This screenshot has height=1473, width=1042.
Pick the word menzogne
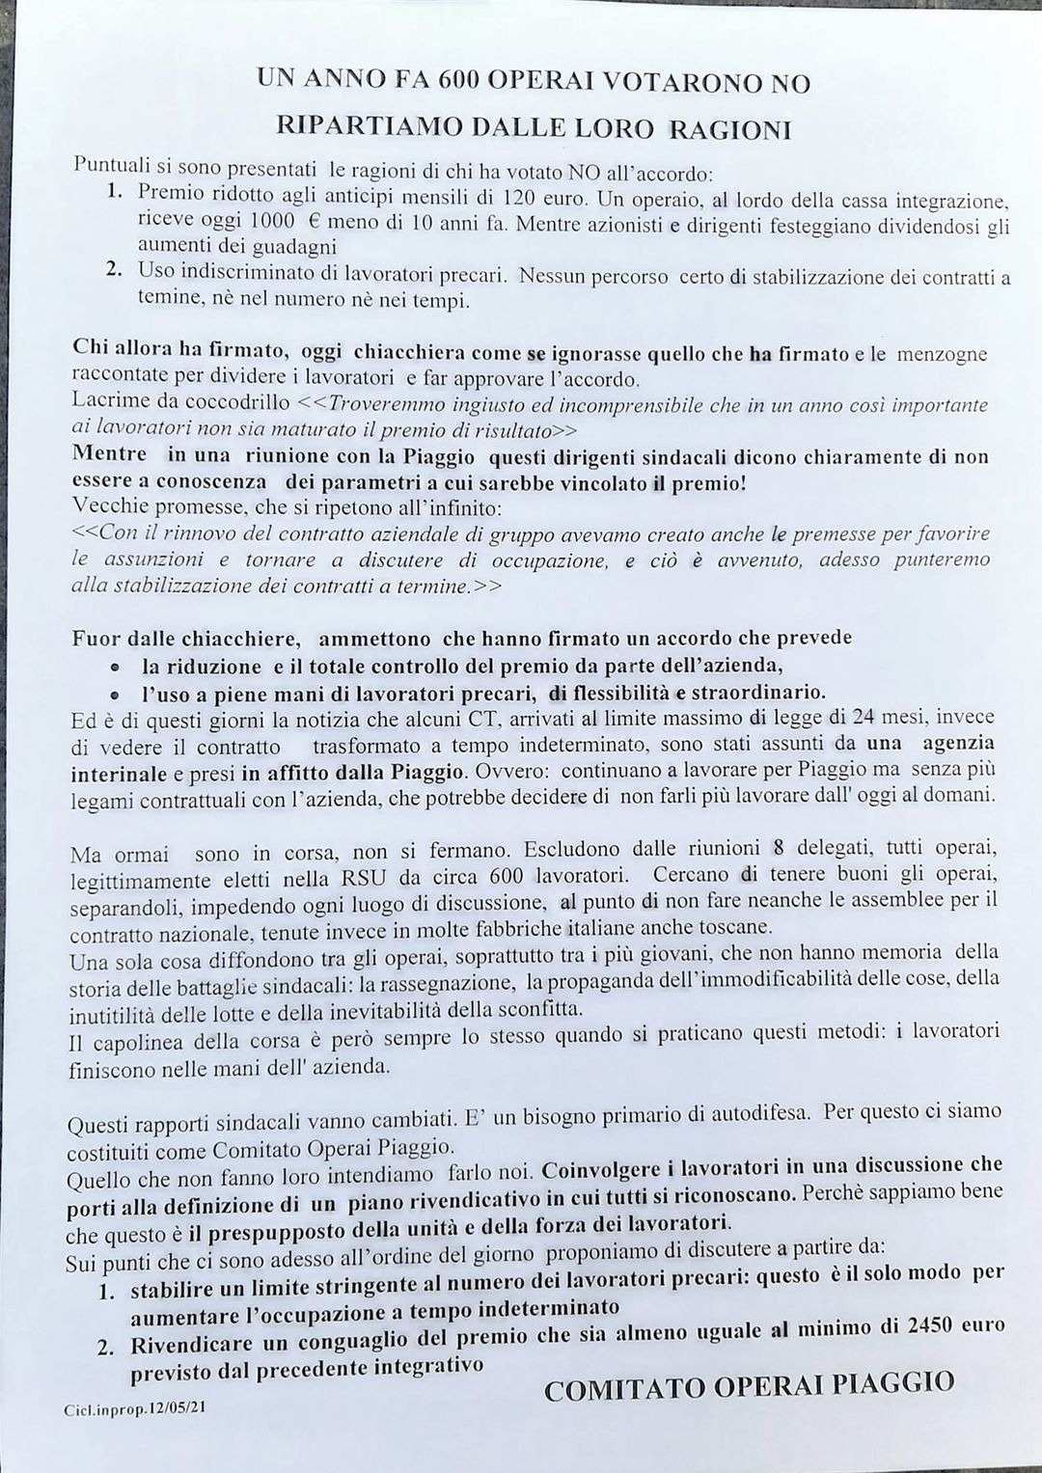point(942,354)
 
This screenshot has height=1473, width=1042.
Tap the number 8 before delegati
point(779,849)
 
